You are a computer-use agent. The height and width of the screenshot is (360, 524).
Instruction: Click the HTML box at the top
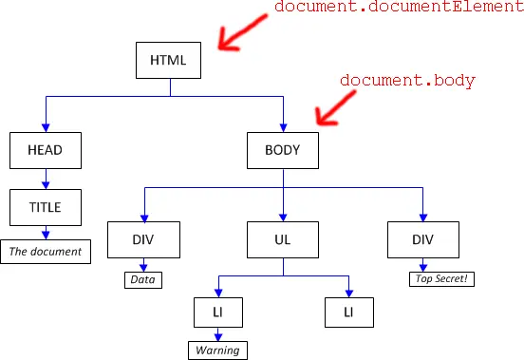pos(168,60)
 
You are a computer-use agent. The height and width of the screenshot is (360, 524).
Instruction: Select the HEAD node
pos(46,150)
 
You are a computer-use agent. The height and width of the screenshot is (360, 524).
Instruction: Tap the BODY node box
pos(283,150)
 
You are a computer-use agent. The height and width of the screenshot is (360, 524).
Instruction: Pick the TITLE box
pos(46,207)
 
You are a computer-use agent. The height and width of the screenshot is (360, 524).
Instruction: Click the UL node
pos(283,239)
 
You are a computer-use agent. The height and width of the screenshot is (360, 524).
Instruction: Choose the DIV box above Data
pos(143,239)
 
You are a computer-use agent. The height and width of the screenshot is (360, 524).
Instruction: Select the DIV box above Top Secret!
pos(423,239)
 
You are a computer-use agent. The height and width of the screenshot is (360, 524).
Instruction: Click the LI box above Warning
pos(218,313)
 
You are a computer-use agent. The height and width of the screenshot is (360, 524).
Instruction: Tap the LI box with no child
pos(349,313)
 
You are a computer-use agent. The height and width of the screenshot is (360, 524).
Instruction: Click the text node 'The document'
pos(46,252)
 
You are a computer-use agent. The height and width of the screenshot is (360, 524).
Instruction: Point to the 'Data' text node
pos(143,280)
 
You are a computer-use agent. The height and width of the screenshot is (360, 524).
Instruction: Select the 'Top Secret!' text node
pos(441,278)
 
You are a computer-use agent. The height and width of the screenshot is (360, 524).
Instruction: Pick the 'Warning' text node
pos(218,351)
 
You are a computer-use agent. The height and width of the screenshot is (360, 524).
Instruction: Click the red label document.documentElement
pos(399,7)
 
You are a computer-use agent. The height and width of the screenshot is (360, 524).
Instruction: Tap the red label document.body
pos(407,81)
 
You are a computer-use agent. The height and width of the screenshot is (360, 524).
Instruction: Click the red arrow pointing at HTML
pos(242,32)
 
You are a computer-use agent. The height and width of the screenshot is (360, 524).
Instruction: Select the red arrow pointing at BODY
pos(335,108)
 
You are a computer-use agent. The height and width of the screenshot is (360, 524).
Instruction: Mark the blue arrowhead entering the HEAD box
pos(46,127)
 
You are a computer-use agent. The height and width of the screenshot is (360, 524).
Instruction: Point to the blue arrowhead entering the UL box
pos(283,218)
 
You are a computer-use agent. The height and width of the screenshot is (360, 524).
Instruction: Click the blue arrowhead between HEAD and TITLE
pos(46,185)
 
